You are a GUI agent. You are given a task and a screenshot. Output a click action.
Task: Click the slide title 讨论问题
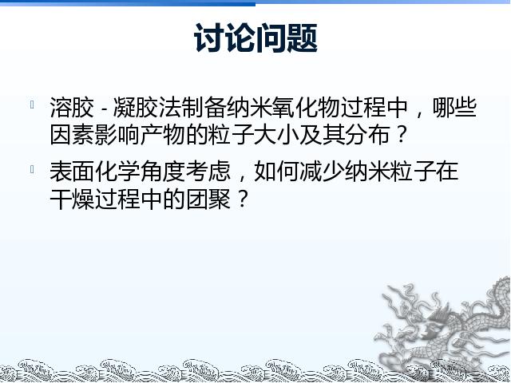coord(255,38)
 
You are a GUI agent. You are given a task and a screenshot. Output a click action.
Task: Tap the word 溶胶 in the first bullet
coord(72,107)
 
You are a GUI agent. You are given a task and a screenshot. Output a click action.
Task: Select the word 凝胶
coord(137,107)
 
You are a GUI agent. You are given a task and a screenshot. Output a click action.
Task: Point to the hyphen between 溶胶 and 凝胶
coord(104,109)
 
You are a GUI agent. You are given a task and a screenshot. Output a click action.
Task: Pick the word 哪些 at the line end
coord(455,107)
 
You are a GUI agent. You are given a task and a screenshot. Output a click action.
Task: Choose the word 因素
coord(72,134)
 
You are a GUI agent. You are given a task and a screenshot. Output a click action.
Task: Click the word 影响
coord(117,134)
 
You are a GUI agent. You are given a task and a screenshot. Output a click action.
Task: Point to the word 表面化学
coord(95,172)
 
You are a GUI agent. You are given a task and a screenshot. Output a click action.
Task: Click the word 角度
coord(163,172)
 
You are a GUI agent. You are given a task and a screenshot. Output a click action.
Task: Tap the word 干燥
coord(72,199)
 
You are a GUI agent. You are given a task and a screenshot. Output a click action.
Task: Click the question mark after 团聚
coord(242,199)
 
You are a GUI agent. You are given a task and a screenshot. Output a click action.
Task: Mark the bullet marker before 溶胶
coord(32,105)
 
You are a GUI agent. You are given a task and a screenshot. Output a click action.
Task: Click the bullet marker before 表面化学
coord(32,169)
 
